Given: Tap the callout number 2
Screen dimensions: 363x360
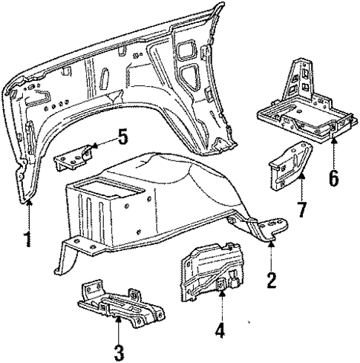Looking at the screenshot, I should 272,280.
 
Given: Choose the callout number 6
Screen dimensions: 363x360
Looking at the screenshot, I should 333,178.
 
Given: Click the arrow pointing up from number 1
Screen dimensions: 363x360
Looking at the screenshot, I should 29,215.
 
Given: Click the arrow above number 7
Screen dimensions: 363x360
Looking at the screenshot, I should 303,183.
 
